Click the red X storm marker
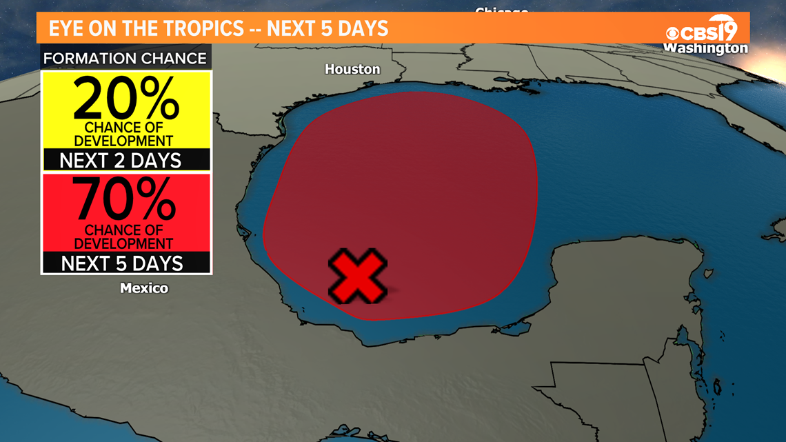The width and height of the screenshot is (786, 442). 357,276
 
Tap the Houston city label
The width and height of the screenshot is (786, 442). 352,69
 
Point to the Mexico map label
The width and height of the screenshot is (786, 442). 144,288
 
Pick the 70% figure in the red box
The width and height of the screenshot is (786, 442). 126,199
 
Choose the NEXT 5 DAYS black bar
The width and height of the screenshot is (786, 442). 122,263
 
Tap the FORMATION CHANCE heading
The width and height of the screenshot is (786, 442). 125,58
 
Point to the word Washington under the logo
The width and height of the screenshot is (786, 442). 705,48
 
